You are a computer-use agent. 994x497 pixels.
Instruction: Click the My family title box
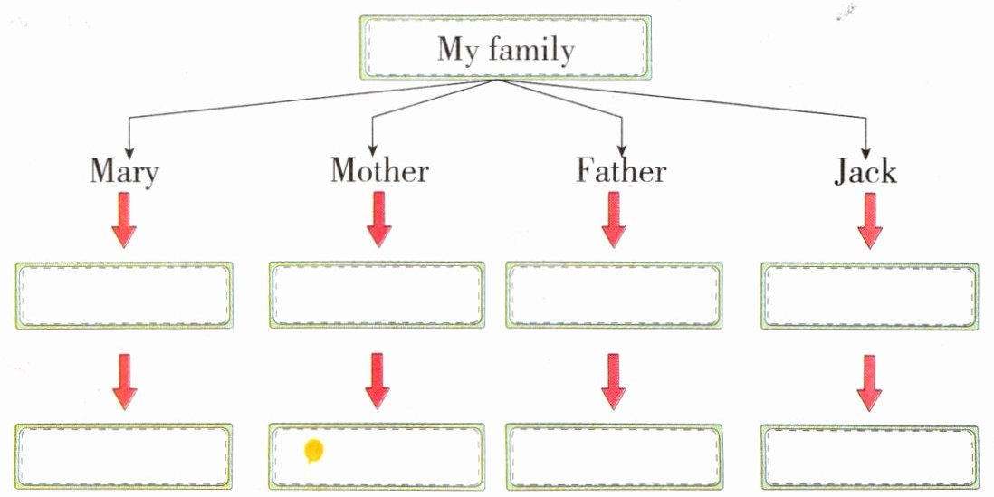[505, 48]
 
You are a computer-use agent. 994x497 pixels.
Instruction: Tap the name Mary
[124, 172]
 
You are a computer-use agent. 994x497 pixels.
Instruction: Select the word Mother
[379, 170]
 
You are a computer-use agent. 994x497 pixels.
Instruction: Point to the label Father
[621, 170]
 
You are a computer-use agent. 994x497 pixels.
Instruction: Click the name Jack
[865, 171]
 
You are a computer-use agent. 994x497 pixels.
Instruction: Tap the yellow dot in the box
[314, 451]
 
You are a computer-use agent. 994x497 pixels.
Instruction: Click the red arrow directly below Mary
[124, 220]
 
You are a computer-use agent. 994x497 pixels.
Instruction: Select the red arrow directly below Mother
[378, 220]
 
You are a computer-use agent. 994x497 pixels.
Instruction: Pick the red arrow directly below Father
[614, 220]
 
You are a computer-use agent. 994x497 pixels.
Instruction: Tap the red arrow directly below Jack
[869, 221]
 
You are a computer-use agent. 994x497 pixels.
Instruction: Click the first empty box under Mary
[124, 295]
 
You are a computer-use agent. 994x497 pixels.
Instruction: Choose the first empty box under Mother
[377, 295]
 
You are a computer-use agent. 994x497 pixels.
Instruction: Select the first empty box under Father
[614, 295]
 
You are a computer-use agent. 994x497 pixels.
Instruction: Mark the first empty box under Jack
[869, 296]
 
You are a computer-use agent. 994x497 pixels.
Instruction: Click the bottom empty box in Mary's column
[124, 456]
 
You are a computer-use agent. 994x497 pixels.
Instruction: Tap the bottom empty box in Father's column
[614, 457]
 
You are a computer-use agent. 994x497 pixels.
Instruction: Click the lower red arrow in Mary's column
[124, 382]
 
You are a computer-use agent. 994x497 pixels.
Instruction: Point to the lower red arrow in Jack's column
[869, 383]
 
